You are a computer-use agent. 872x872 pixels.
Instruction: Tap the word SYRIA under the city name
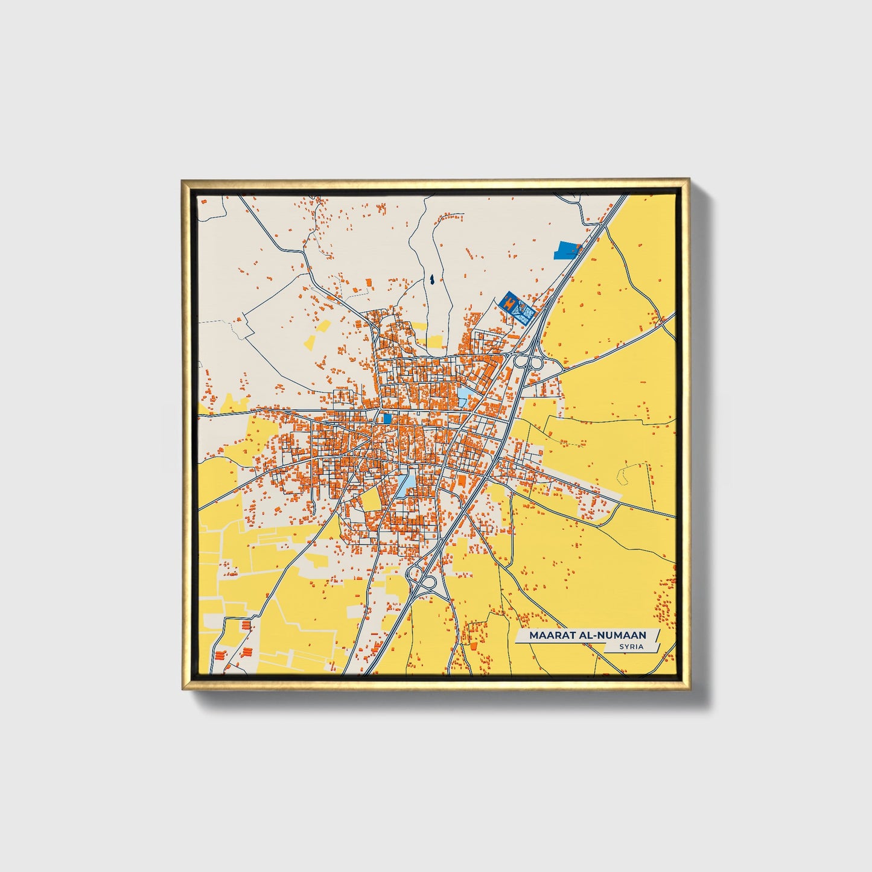click(x=631, y=647)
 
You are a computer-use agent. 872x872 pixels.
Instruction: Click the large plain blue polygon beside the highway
click(x=567, y=250)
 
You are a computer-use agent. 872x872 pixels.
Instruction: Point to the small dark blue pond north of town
click(x=432, y=280)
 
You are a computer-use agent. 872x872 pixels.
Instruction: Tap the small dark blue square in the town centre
click(x=387, y=418)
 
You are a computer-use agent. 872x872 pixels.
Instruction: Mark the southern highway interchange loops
click(x=422, y=579)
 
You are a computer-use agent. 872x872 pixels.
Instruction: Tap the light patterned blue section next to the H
click(x=524, y=313)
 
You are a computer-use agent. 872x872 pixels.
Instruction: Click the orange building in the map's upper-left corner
click(x=203, y=201)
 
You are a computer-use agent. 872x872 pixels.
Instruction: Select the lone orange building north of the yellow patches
click(x=369, y=282)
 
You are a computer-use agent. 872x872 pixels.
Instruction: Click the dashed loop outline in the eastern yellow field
click(x=624, y=474)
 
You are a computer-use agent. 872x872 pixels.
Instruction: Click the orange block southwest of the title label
click(x=473, y=646)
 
